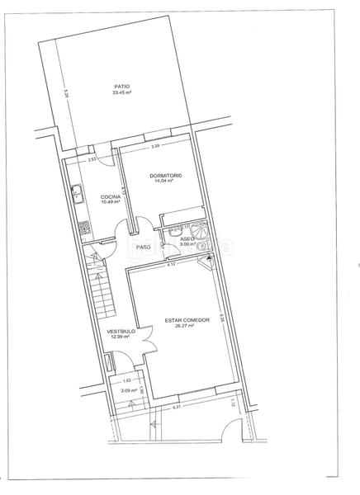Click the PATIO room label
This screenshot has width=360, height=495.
point(122,86)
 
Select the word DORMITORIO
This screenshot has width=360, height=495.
point(165,176)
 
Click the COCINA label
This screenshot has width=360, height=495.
point(110,196)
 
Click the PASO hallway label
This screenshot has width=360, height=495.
point(143,247)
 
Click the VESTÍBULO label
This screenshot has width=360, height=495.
point(121,332)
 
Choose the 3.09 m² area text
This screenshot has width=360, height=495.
point(127,390)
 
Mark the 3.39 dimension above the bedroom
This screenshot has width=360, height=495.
point(155,146)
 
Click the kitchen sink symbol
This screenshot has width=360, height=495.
point(76,195)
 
